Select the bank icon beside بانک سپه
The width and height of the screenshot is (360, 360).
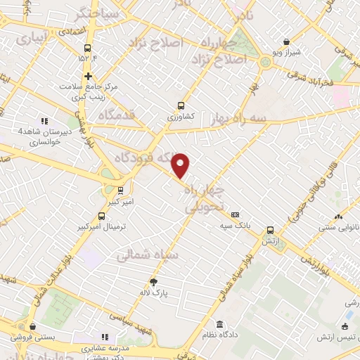[235, 215]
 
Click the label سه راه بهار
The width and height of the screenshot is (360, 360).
[238, 120]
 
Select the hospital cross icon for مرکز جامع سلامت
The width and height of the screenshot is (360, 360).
[88, 76]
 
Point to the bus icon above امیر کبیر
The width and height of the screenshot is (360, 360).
[120, 189]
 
